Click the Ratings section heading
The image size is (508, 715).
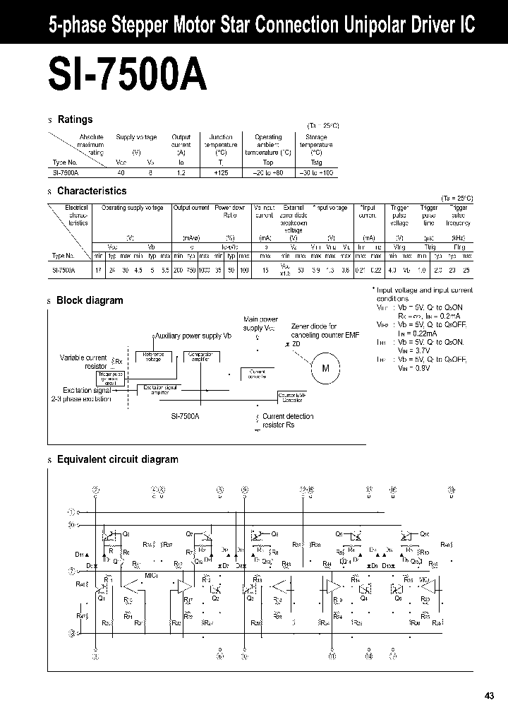75,119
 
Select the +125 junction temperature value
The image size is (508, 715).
222,173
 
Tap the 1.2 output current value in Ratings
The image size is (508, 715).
181,173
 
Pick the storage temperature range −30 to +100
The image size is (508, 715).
316,173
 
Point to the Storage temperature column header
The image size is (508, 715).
316,144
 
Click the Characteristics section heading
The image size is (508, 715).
92,191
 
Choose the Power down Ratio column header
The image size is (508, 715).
229,211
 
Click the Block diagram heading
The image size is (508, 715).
90,300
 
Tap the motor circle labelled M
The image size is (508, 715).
325,368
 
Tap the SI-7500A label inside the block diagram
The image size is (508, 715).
186,417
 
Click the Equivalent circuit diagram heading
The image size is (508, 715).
117,459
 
